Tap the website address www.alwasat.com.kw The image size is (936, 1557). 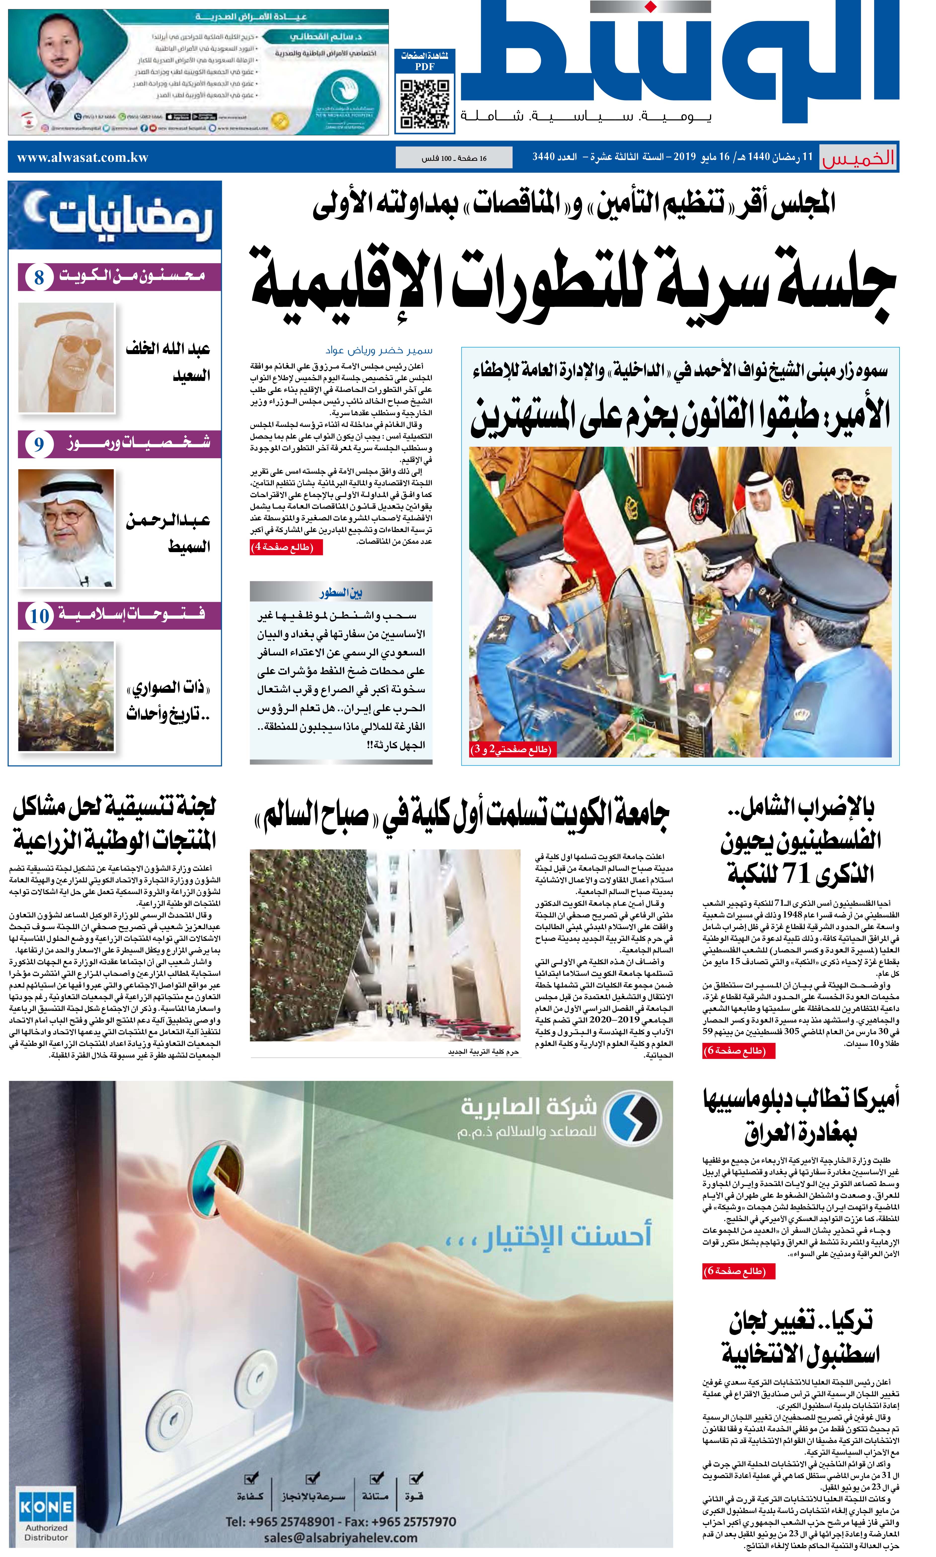tap(83, 158)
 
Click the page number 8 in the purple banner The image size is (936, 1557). tap(39, 278)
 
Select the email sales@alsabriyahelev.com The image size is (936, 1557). tap(341, 1538)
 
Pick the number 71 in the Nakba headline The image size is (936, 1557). tap(796, 873)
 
